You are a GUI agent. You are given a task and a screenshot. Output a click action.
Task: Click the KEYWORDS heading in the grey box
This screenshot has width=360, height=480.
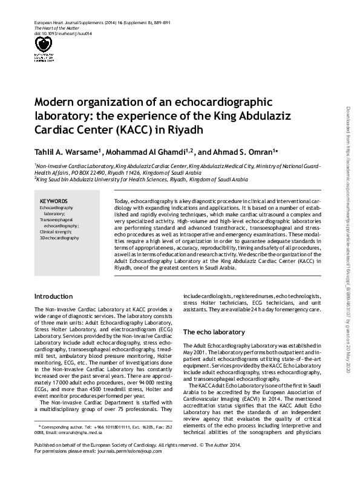pos(54,201)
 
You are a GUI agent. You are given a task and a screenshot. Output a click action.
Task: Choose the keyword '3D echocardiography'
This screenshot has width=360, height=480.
pos(59,238)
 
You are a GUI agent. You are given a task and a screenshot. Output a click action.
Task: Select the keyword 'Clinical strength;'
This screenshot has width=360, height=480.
pos(56,232)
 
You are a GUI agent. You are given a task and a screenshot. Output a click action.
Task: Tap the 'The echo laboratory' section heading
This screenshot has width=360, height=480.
pos(214,332)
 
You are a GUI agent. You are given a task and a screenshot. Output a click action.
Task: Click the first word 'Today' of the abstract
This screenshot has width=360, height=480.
pos(122,199)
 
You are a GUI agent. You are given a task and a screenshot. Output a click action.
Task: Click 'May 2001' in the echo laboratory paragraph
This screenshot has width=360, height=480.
pos(194,351)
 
